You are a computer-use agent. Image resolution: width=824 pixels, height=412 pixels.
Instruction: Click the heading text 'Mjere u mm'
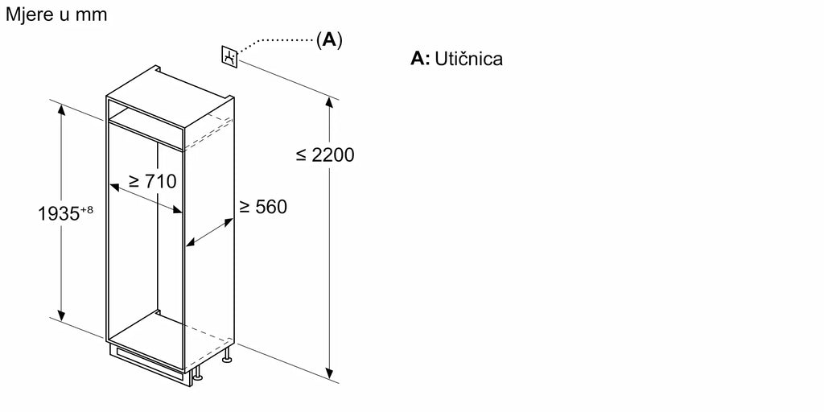pyautogui.click(x=56, y=14)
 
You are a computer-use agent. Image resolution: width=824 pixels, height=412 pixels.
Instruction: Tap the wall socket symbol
pyautogui.click(x=229, y=57)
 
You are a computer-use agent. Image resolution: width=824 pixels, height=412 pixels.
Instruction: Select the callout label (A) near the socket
pyautogui.click(x=329, y=40)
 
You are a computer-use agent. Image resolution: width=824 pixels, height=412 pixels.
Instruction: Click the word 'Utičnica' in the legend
pyautogui.click(x=469, y=58)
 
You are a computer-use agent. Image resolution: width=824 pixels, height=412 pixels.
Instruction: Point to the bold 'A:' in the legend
pyautogui.click(x=420, y=59)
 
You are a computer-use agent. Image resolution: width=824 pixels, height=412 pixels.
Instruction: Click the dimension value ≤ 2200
pyautogui.click(x=325, y=154)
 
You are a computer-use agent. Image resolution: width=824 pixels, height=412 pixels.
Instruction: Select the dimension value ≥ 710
pyautogui.click(x=152, y=181)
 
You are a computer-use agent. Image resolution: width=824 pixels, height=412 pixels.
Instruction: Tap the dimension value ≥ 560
pyautogui.click(x=263, y=207)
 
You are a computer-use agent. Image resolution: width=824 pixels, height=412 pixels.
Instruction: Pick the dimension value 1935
pyautogui.click(x=59, y=214)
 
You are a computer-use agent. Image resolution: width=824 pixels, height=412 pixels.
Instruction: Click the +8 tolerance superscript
pyautogui.click(x=87, y=210)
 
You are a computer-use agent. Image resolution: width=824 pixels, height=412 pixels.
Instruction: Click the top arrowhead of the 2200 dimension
pyautogui.click(x=329, y=102)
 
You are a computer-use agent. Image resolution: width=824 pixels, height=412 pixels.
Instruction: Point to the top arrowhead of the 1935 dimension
pyautogui.click(x=61, y=109)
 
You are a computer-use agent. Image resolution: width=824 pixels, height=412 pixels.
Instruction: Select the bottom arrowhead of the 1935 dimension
pyautogui.click(x=61, y=315)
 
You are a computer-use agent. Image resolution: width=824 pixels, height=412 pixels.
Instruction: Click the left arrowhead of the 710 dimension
pyautogui.click(x=115, y=187)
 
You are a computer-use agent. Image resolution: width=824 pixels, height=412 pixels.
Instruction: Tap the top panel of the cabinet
pyautogui.click(x=171, y=98)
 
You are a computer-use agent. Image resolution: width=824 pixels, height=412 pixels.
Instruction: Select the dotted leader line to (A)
pyautogui.click(x=276, y=41)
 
